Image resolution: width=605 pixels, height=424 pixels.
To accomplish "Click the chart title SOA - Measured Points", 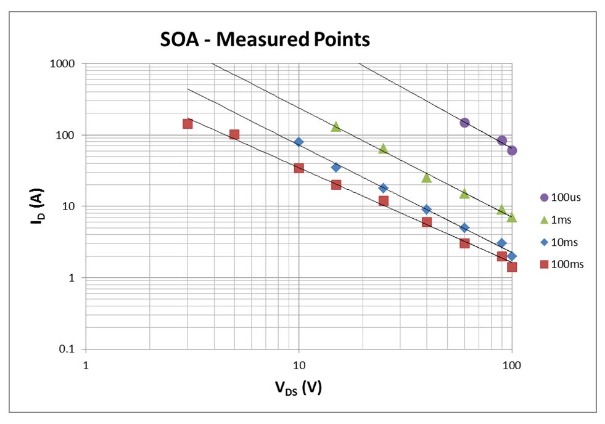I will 265,40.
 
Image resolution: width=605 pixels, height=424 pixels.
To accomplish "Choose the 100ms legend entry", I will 561,264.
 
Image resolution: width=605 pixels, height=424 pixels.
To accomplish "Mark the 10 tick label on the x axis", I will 299,365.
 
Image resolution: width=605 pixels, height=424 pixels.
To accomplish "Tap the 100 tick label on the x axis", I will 512,365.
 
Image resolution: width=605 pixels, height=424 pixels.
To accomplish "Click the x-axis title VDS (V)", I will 298,388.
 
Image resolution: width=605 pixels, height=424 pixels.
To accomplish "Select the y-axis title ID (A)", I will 37,206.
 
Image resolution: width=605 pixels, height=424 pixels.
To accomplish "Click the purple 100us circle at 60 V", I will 464,123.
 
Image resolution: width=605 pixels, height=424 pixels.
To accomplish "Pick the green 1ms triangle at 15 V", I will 336,126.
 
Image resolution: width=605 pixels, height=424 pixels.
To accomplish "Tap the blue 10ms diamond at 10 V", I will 299,142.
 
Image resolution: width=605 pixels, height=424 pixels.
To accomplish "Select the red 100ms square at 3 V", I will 187,124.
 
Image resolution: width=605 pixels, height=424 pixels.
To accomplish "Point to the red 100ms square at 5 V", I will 234,134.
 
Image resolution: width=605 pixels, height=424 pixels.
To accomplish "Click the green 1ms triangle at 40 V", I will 426,177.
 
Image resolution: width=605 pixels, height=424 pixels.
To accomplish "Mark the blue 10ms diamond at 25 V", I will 384,188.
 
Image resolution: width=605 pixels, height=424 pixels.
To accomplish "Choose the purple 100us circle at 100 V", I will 512,150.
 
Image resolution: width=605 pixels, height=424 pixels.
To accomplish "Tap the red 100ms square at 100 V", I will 512,267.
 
